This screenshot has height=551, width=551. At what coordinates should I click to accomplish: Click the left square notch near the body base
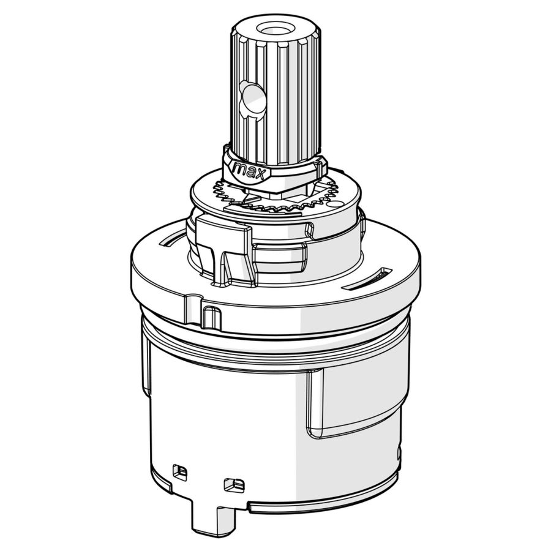pos(179,472)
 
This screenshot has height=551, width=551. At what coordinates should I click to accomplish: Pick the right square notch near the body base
pos(234,485)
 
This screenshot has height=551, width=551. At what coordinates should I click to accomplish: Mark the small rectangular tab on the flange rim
pos(211,317)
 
